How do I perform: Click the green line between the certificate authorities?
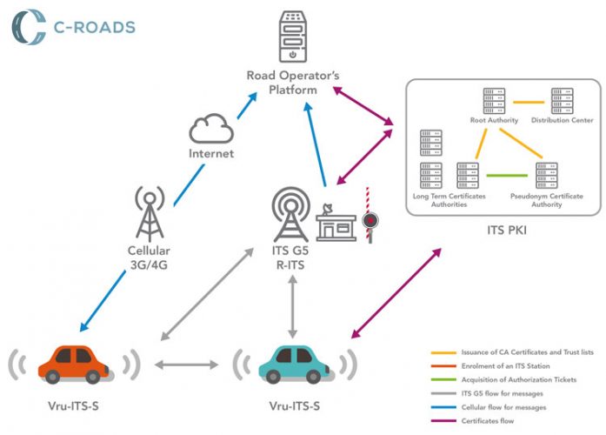507,177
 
